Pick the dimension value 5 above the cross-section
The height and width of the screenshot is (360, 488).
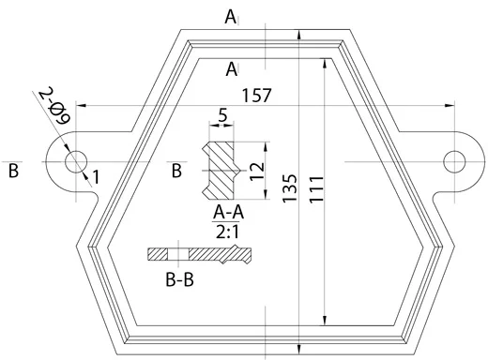point(221,116)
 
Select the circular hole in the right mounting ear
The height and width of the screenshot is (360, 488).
point(454,159)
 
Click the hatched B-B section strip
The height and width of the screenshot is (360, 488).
point(199,254)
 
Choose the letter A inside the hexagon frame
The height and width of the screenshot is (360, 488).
point(232,67)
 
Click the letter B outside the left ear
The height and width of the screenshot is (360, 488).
point(13,171)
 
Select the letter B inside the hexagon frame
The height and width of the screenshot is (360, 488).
point(176,171)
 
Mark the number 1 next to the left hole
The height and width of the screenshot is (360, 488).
point(96,175)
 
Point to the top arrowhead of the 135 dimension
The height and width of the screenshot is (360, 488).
point(299,33)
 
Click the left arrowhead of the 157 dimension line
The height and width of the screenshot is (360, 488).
point(80,104)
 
